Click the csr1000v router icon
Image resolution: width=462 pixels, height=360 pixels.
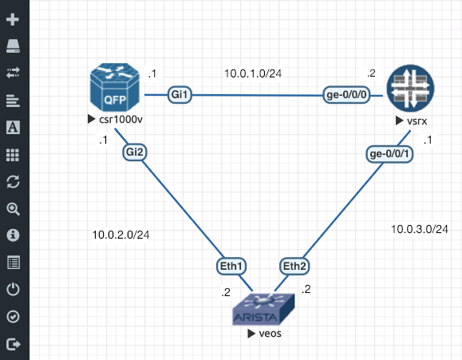(x=115, y=87)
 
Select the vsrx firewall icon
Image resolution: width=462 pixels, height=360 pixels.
(x=410, y=88)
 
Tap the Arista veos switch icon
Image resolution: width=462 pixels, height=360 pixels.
(x=263, y=309)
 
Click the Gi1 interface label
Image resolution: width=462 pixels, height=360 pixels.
(x=180, y=95)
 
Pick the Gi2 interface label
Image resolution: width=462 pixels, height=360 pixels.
(x=134, y=152)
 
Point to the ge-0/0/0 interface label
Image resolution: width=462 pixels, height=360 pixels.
(x=346, y=95)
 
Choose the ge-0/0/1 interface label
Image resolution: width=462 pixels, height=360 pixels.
(x=389, y=154)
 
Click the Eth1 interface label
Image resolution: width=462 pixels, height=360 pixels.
(x=231, y=267)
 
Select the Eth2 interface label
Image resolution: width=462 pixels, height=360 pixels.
(x=294, y=267)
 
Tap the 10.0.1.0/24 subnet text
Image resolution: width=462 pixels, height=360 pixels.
(x=253, y=73)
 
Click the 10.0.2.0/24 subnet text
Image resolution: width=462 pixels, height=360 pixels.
(x=120, y=235)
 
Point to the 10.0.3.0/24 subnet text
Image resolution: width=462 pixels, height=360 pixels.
(x=419, y=229)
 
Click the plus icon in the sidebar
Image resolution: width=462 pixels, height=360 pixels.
(x=13, y=19)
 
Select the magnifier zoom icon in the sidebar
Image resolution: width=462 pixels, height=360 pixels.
(x=13, y=209)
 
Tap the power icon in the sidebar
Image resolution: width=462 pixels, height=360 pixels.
(x=13, y=289)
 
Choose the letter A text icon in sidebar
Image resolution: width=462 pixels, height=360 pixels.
(x=13, y=128)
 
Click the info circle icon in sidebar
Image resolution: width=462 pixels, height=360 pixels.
(x=13, y=235)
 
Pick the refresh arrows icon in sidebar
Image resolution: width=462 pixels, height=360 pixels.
(x=13, y=181)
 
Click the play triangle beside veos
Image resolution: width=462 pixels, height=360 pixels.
(x=251, y=334)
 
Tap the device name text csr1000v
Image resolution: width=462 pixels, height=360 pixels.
(x=120, y=120)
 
